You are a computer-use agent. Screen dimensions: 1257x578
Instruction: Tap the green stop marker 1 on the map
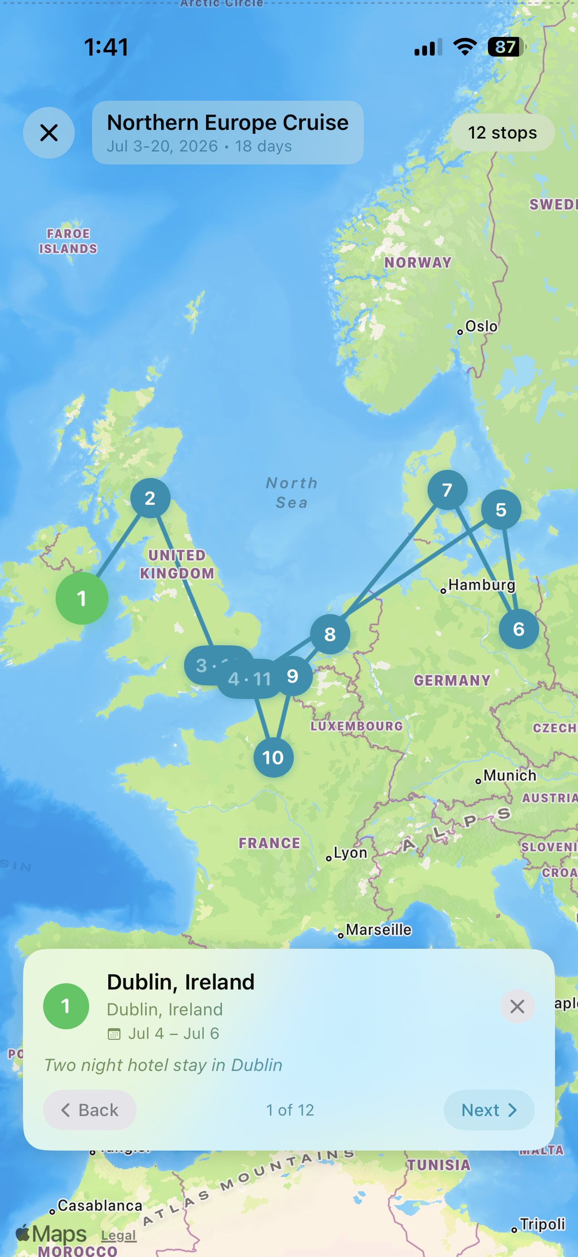(x=82, y=598)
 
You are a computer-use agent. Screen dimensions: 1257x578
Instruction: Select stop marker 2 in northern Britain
(x=150, y=498)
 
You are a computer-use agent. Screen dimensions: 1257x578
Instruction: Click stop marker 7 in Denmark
(x=447, y=490)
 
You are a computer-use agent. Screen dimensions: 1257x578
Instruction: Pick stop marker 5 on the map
(x=501, y=510)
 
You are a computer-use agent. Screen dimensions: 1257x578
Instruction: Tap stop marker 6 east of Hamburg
(x=519, y=629)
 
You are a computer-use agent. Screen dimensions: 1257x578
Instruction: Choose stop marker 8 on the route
(x=330, y=634)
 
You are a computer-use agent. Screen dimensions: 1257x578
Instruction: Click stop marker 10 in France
(x=273, y=758)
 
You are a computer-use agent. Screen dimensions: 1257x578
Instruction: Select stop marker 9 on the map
(x=293, y=676)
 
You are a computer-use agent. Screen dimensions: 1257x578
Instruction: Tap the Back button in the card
(x=90, y=1110)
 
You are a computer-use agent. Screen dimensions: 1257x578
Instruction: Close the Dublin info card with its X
(x=517, y=1006)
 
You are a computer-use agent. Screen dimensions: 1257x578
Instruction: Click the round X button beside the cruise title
(x=49, y=133)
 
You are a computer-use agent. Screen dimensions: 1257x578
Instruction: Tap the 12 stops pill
(x=502, y=133)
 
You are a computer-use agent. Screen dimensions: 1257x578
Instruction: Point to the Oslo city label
(x=481, y=326)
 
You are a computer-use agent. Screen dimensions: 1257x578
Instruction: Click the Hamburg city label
(x=481, y=584)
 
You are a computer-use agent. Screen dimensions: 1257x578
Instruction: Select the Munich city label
(x=509, y=775)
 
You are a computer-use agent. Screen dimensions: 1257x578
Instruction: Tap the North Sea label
(x=292, y=493)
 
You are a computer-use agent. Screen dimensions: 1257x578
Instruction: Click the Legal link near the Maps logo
(x=118, y=1235)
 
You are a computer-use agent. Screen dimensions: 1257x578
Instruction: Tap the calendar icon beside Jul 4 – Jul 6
(x=114, y=1034)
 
